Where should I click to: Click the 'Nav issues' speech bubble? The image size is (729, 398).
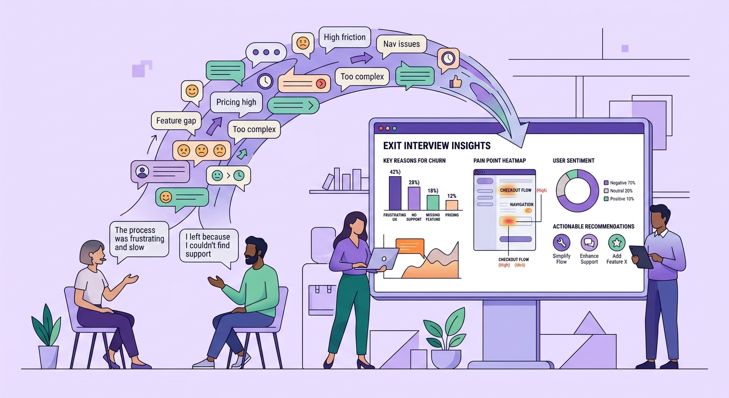pos(401,44)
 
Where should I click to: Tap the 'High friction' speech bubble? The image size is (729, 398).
pos(344,37)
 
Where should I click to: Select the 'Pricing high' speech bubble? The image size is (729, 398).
pos(236,102)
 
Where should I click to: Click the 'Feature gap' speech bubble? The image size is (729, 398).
pos(176,121)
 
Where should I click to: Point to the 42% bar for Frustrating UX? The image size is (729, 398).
pos(395,193)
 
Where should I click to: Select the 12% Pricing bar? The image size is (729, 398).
pos(451,205)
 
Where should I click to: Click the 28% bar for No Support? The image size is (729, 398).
pos(414,198)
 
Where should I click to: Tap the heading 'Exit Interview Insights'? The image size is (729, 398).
pos(436,146)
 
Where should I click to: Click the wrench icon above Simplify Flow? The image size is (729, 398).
pos(561,243)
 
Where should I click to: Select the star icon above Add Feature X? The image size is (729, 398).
pos(617,243)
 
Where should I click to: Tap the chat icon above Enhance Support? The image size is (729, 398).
pos(589,243)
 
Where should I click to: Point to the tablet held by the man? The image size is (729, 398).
pos(641,257)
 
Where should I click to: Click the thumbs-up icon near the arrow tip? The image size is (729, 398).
pos(455,81)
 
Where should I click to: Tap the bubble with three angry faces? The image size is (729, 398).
pos(201,151)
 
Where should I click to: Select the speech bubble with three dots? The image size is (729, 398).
pos(266,52)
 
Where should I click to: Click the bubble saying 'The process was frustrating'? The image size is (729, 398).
pos(139,238)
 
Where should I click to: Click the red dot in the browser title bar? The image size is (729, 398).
pos(381,128)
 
